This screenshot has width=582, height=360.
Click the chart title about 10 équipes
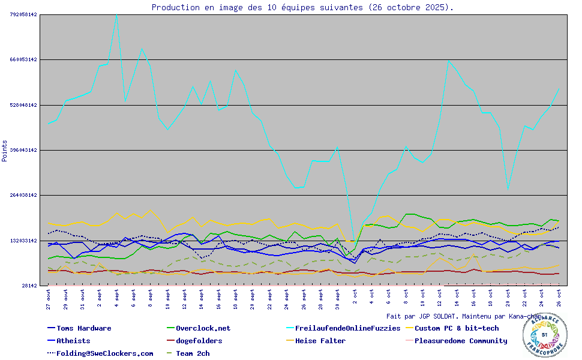point(302,7)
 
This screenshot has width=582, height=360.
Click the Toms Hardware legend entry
point(83,328)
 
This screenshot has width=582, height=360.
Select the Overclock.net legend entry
point(203,328)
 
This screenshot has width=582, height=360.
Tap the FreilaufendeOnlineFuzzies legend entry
point(347,328)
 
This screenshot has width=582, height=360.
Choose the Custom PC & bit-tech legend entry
point(457,328)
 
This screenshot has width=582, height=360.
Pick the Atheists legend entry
point(73,341)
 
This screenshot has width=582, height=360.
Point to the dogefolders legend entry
point(199,341)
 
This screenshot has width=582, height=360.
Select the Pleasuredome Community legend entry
point(461,341)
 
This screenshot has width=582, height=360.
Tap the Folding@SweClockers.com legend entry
point(104,353)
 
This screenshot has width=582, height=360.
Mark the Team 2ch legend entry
point(193,353)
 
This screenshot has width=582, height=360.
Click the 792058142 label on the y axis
point(23,14)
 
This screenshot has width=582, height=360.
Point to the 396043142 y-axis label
point(23,150)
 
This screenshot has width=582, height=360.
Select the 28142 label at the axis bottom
point(29,286)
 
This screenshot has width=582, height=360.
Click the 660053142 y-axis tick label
point(23,59)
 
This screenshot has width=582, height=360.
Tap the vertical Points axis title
point(5,151)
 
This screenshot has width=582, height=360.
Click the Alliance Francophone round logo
point(544,335)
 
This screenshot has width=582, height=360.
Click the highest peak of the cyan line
point(116,14)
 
